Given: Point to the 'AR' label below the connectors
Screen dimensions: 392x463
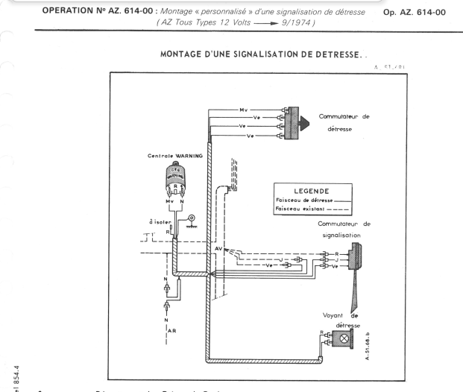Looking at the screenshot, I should tap(173, 329).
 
